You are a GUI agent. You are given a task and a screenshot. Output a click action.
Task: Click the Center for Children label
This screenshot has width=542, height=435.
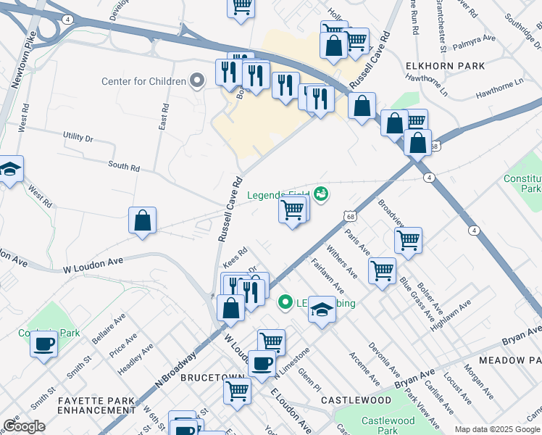point(143,81)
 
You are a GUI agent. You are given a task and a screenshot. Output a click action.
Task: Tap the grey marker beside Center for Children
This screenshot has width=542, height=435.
point(196,80)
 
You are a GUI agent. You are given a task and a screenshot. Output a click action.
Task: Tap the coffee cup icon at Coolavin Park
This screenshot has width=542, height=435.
point(43,343)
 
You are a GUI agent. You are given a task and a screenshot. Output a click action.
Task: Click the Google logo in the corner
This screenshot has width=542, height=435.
point(24,426)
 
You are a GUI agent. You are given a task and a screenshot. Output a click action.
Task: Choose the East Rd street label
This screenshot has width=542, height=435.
point(164,117)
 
